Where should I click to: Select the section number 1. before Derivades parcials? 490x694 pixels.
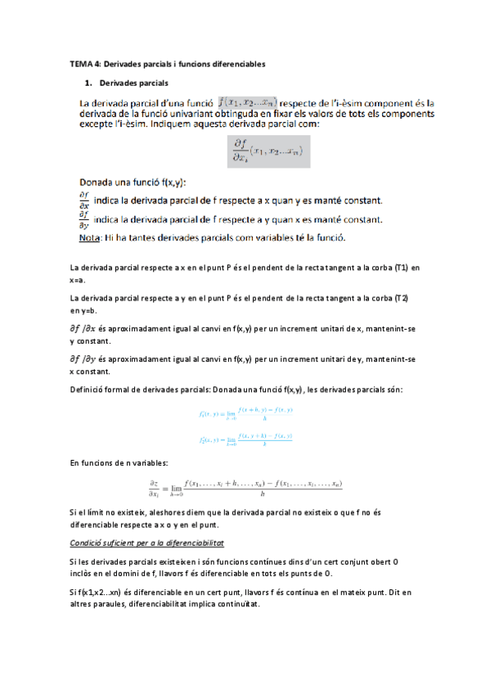pyautogui.click(x=88, y=83)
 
